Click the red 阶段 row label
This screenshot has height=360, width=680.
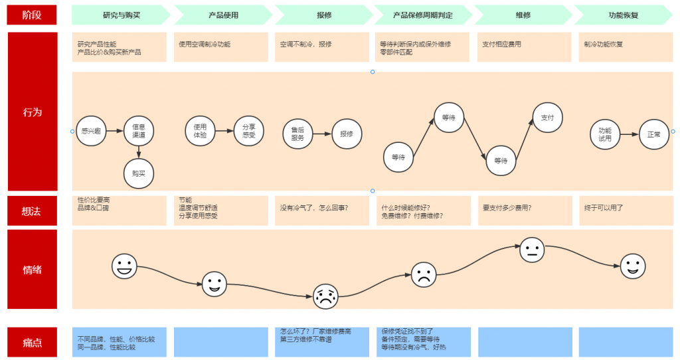click(32, 15)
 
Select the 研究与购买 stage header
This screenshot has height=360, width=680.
click(122, 15)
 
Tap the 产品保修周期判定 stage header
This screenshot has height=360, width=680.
click(423, 15)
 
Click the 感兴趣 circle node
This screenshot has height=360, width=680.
click(91, 131)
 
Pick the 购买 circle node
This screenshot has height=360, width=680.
click(139, 173)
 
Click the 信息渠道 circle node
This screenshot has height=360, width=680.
click(139, 131)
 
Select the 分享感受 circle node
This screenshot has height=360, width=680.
click(249, 131)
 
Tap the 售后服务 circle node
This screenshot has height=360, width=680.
click(297, 134)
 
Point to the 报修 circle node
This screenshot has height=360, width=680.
click(347, 134)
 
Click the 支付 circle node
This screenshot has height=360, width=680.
click(547, 118)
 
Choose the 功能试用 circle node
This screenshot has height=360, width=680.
click(605, 134)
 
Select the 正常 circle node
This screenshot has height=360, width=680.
click(654, 134)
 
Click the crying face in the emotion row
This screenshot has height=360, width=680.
click(325, 297)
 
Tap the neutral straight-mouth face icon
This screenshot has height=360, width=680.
click(532, 250)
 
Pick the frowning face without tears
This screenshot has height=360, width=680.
click(424, 274)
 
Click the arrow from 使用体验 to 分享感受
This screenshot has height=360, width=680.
click(224, 131)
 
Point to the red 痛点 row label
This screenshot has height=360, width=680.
click(32, 342)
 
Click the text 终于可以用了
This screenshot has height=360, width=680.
click(604, 208)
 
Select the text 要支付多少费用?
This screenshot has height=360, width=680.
click(507, 208)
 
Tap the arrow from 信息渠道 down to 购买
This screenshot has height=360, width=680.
click(139, 152)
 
